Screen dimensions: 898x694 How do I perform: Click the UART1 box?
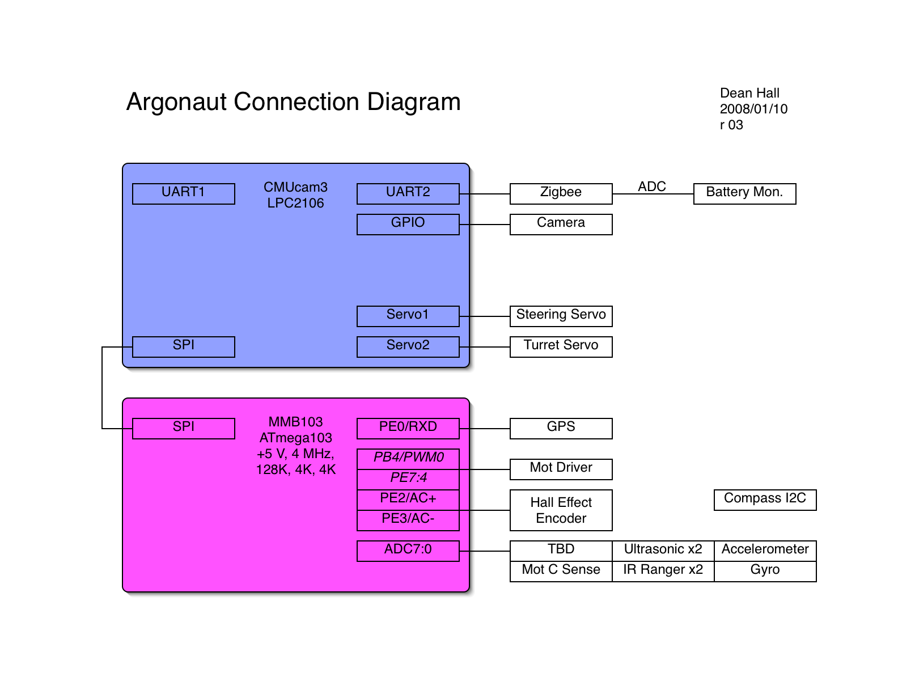184,193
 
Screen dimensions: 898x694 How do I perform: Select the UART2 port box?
408,193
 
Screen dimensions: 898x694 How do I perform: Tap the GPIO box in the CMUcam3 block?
408,224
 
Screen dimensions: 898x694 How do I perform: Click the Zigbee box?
561,193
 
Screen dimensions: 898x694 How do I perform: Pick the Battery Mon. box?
745,193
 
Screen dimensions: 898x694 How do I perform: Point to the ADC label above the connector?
652,187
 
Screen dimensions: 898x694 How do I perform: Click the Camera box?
561,224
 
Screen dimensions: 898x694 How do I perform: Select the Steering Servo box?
561,316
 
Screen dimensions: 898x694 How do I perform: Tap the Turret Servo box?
561,346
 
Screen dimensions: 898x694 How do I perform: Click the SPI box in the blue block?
184,346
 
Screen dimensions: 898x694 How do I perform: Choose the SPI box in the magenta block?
184,428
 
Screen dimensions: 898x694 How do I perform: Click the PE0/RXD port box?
408,428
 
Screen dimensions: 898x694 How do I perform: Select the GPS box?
561,428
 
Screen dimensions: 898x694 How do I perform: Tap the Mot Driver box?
561,469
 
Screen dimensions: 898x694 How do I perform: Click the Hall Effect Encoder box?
561,510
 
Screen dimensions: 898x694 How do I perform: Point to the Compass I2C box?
765,500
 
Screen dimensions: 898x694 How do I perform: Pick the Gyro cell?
765,571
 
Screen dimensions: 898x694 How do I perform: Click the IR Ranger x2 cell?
663,571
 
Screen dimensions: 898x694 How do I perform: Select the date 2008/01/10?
753,109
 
